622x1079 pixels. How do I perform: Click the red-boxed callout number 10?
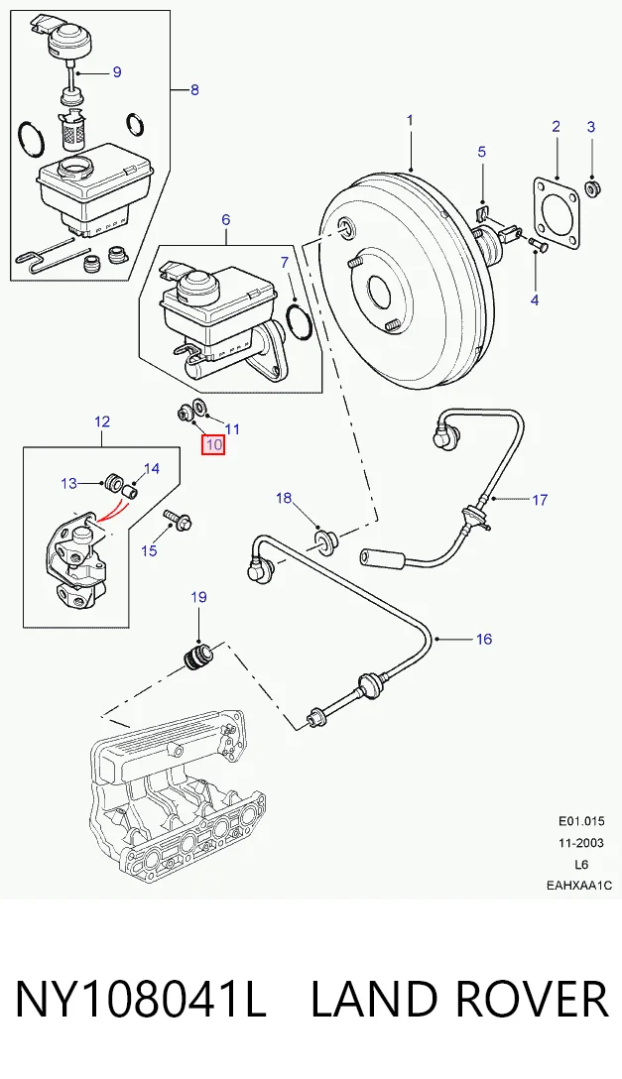point(213,444)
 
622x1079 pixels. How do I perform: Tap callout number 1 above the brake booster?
point(410,120)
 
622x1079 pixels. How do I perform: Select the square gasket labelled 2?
point(556,213)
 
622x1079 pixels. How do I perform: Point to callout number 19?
point(198,597)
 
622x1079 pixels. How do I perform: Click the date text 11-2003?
point(580,843)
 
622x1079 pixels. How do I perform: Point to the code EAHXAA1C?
point(579,886)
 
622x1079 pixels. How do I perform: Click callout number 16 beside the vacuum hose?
point(484,640)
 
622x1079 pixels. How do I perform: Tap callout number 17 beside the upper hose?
point(540,500)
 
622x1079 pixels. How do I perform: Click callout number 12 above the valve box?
point(102,421)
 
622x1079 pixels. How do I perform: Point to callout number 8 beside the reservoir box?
point(194,90)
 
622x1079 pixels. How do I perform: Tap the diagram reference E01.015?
point(580,821)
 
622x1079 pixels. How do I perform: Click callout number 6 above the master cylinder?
point(225,220)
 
